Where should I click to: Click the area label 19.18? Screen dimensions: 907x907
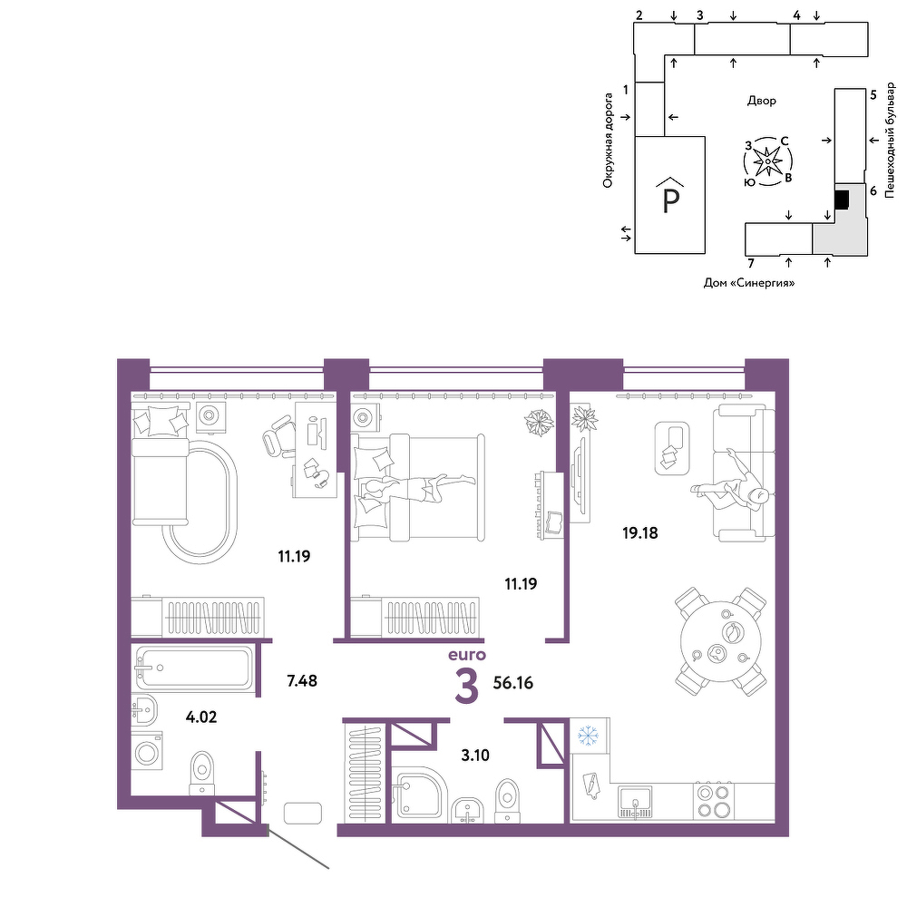639,532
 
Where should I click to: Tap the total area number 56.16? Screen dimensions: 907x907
513,683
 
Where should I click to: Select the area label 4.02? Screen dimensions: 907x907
201,717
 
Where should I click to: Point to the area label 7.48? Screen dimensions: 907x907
302,681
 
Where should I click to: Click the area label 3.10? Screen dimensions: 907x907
475,755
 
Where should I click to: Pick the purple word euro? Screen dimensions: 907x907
467,656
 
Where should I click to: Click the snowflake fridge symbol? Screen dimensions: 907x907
588,736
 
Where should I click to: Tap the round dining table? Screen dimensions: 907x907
720,641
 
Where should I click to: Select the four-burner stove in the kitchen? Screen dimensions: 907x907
713,801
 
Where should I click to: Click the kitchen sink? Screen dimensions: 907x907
635,801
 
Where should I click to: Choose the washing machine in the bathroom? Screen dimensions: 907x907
147,752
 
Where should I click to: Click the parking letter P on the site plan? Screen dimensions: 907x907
670,201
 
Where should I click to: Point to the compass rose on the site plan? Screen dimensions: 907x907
768,161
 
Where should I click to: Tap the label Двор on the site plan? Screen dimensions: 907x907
761,101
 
